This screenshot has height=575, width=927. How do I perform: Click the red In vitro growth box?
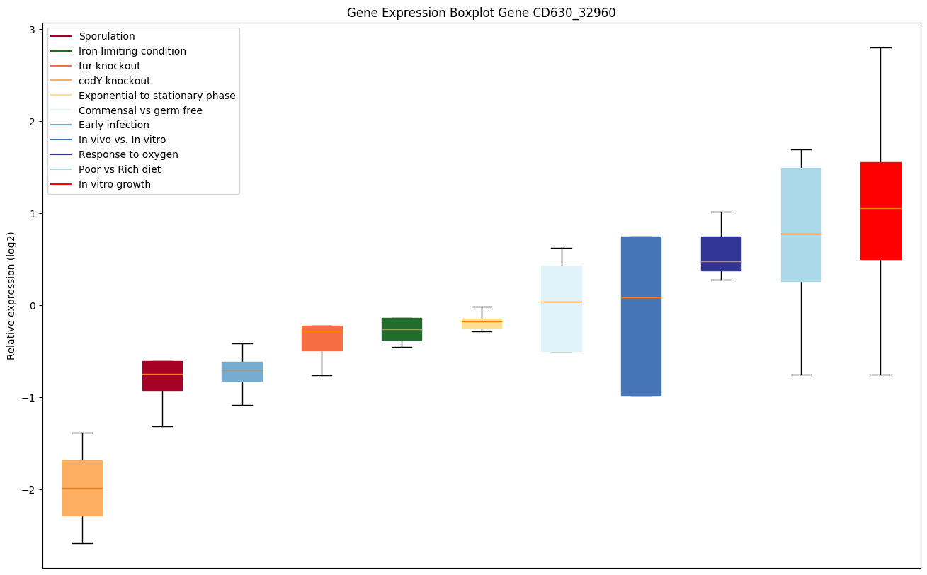click(x=880, y=211)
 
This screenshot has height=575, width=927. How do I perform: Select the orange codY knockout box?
click(x=82, y=488)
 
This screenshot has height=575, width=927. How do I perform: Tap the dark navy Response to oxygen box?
click(x=721, y=254)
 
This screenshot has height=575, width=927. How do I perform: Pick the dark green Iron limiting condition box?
click(x=402, y=329)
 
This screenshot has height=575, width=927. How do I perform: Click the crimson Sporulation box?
click(x=162, y=376)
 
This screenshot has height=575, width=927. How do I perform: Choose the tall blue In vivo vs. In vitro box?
click(x=641, y=316)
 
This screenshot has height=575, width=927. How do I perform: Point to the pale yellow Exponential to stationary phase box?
click(x=482, y=324)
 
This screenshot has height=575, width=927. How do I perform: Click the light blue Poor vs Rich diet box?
click(x=801, y=224)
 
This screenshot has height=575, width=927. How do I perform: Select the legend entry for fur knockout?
click(x=110, y=66)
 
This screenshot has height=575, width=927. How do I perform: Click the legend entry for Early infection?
click(x=114, y=125)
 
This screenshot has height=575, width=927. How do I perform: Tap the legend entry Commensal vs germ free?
click(x=140, y=110)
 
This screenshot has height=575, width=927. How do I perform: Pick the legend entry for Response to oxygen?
click(x=128, y=155)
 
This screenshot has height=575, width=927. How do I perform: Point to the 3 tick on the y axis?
click(x=33, y=29)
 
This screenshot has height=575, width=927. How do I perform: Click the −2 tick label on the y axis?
click(x=29, y=490)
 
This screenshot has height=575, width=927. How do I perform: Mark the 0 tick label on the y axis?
click(x=33, y=306)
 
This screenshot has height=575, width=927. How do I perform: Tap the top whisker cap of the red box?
click(x=880, y=47)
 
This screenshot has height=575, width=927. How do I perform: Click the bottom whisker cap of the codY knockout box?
click(x=82, y=543)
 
